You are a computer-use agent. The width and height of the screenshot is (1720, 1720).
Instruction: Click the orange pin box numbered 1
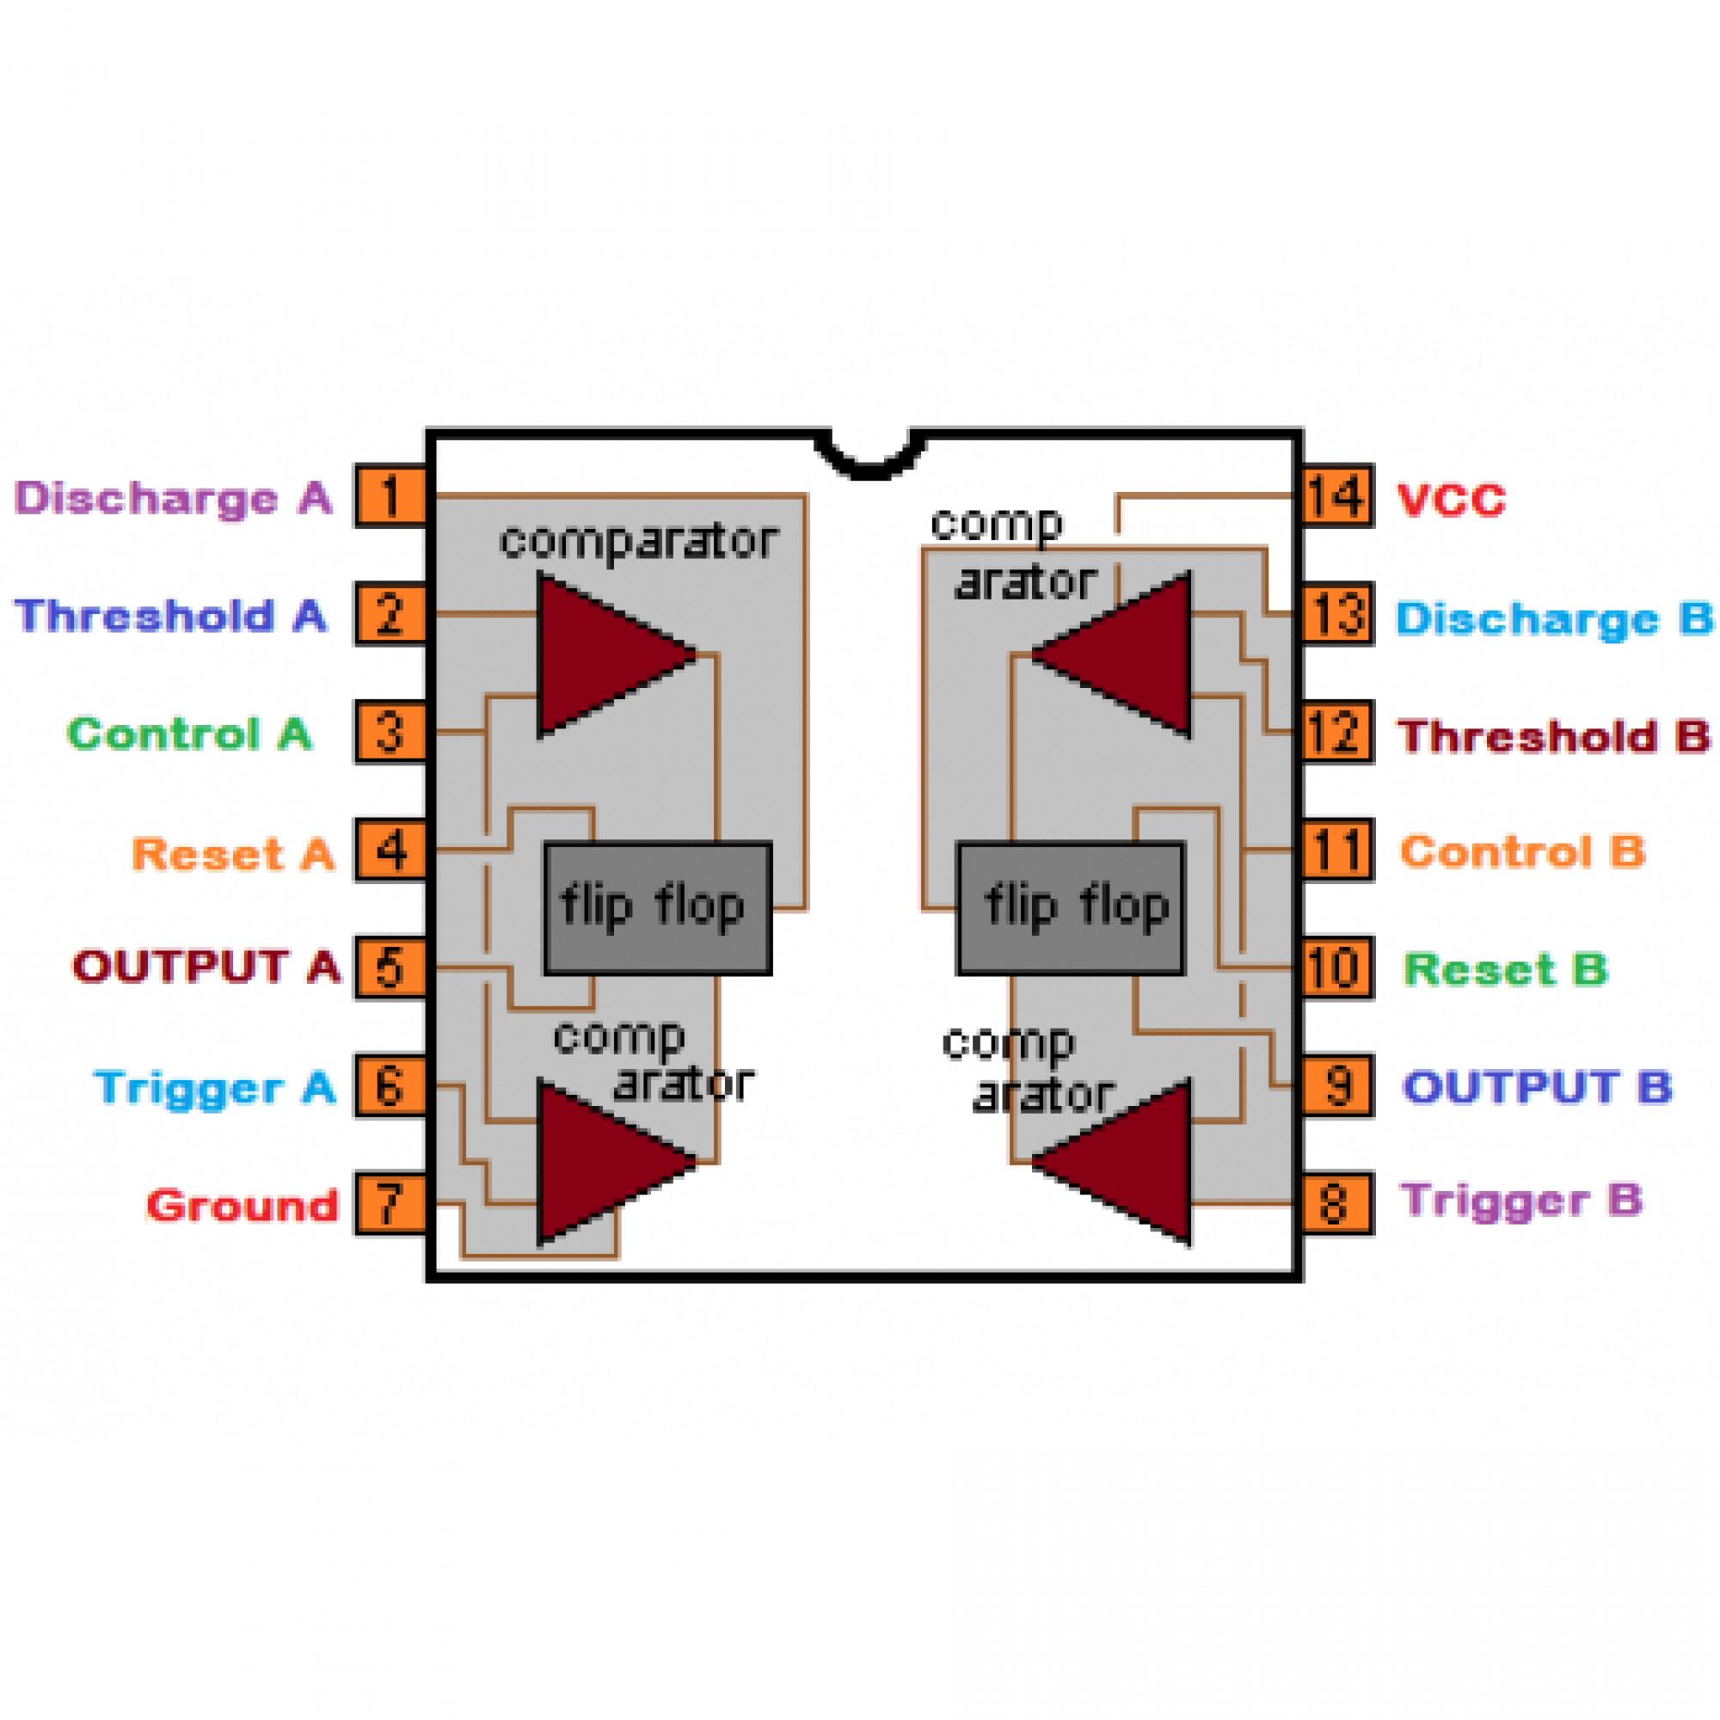pos(390,496)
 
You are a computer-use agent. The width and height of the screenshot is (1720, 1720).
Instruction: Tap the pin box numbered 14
pos(1337,496)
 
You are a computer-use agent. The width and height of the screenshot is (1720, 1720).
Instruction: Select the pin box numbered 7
pos(390,1204)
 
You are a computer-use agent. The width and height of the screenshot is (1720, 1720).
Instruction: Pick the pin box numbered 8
pos(1337,1204)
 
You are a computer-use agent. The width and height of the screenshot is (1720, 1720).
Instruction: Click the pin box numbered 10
pos(1337,967)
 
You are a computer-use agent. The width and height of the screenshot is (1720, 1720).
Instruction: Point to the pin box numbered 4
pos(390,851)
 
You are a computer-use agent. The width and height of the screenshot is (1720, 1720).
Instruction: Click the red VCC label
pos(1450,500)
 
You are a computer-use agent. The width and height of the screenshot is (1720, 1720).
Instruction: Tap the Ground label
pos(243,1206)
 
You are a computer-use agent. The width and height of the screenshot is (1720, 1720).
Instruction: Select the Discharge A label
pos(174,498)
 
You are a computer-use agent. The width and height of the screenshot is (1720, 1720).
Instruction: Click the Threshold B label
pos(1553,736)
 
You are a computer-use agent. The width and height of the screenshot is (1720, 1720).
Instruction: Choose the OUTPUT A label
pos(206,967)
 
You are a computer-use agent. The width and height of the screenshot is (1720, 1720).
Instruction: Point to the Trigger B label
pos(1521,1201)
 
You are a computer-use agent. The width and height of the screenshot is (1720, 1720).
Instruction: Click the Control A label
pos(189,734)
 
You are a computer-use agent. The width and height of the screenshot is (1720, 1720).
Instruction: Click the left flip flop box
pos(657,907)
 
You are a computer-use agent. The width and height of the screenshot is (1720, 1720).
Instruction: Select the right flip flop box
pos(1070,907)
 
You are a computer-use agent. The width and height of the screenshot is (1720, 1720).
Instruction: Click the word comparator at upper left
pos(638,541)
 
